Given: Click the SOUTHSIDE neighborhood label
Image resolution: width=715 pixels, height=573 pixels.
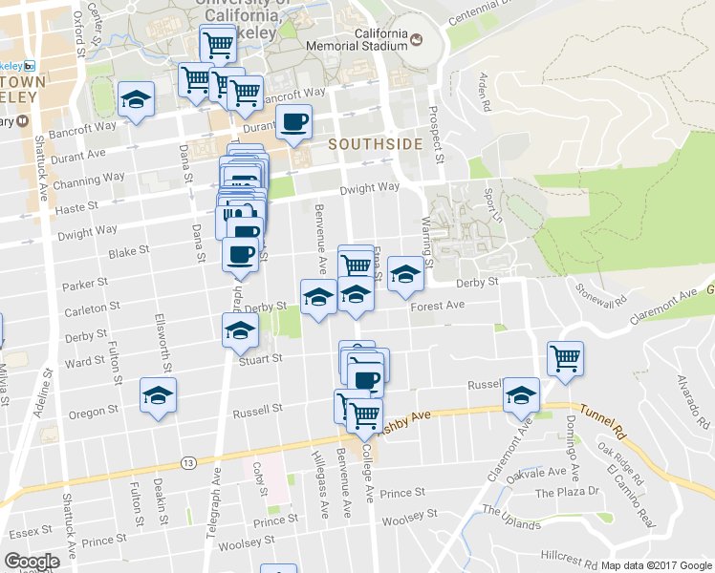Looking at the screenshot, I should [375, 144].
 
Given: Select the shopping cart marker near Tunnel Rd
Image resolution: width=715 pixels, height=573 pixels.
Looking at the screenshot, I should [565, 358].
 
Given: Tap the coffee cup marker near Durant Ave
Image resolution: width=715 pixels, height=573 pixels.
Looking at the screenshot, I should [293, 121].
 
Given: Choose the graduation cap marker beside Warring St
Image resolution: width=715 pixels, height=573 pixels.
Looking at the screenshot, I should [405, 277].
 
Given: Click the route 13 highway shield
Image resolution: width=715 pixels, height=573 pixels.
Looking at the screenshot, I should [188, 463].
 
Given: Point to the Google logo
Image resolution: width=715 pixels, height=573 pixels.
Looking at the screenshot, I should [32, 562].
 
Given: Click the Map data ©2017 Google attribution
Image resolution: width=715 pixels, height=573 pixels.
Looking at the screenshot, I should [655, 565].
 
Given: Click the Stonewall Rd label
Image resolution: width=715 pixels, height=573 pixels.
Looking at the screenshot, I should [601, 292].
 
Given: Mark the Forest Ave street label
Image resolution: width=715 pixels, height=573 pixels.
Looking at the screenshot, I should [438, 306].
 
